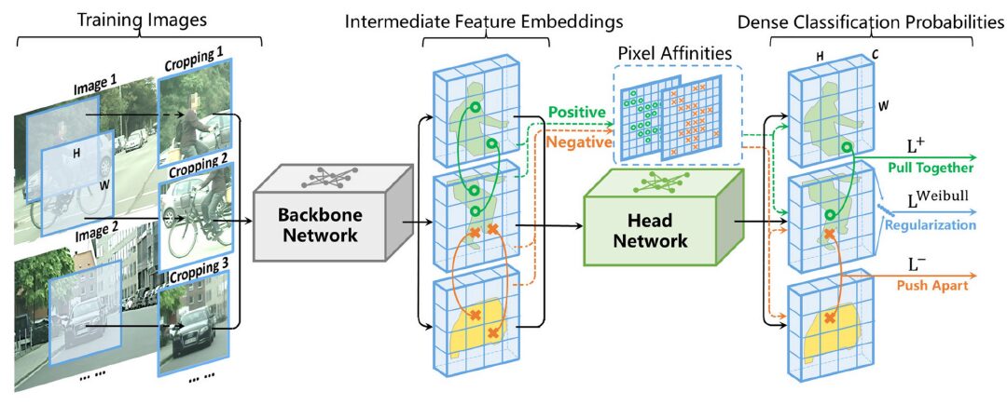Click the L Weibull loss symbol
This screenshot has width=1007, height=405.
pyautogui.click(x=920, y=204)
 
